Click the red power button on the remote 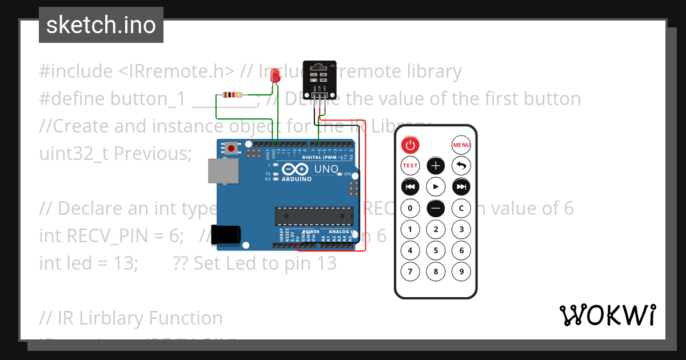click(410, 145)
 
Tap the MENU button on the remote click(461, 145)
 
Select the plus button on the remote click(436, 166)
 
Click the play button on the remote click(436, 187)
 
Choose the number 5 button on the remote click(436, 250)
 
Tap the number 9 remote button click(461, 271)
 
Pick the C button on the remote click(461, 208)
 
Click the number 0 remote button click(410, 208)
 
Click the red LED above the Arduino click(276, 77)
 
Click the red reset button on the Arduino click(231, 149)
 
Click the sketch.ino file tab click(101, 25)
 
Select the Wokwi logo click(607, 315)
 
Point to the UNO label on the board click(326, 170)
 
